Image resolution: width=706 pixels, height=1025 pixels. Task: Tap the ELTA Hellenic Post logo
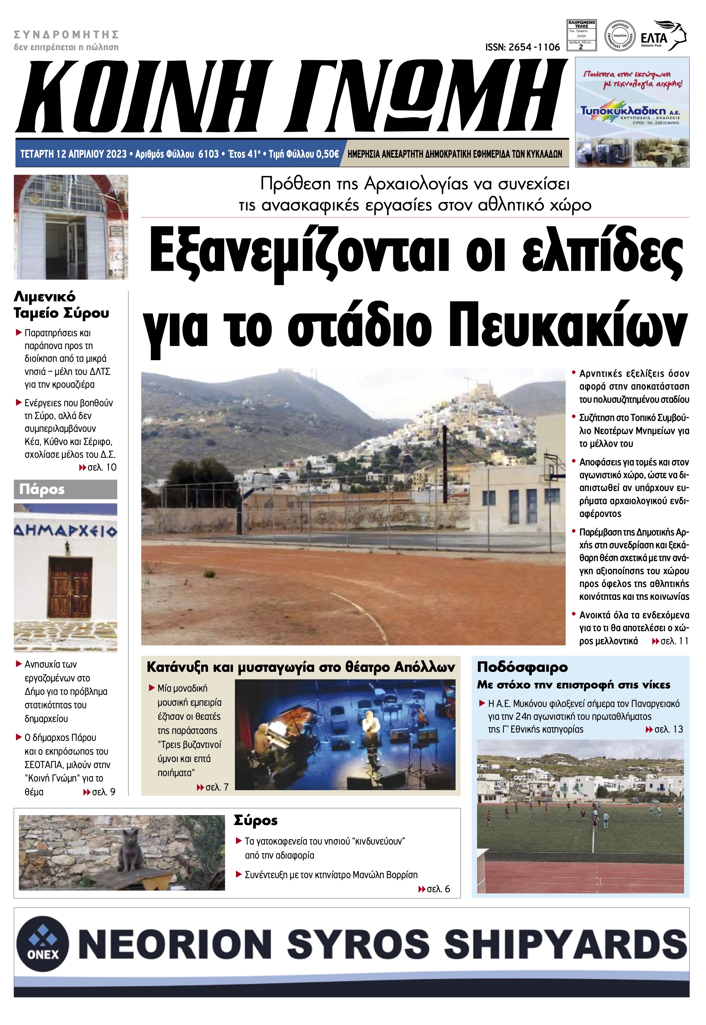pyautogui.click(x=663, y=36)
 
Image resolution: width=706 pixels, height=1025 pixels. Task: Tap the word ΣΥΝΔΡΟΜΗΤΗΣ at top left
pyautogui.click(x=67, y=35)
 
